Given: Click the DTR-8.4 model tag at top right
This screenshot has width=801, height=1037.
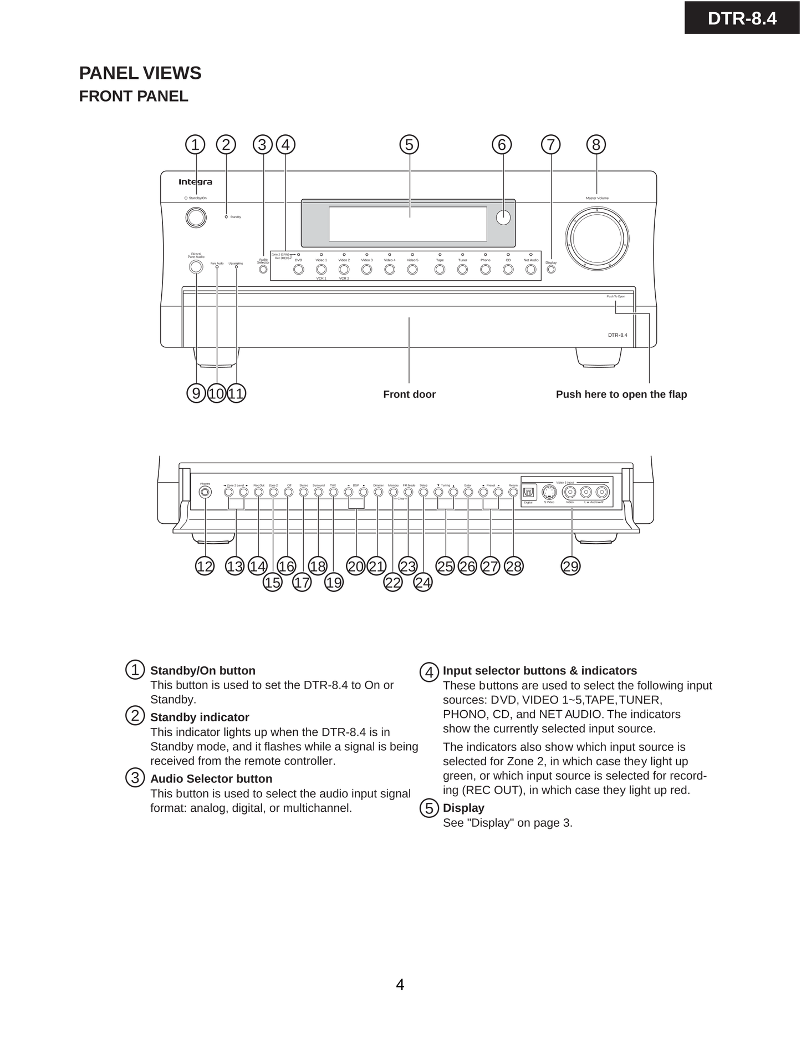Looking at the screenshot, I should [x=742, y=18].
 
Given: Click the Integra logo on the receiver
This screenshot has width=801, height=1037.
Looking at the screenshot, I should [x=195, y=182].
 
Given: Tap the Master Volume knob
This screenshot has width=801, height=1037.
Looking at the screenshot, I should [x=597, y=239].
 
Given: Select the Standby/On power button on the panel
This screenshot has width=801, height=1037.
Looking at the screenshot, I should [x=196, y=217].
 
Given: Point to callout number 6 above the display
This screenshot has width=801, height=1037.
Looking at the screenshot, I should [x=502, y=145].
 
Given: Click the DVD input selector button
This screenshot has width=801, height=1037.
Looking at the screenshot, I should [x=298, y=270].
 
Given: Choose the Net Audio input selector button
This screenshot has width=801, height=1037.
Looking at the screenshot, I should [x=530, y=270].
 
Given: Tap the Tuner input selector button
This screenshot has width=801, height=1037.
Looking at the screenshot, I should [x=462, y=270].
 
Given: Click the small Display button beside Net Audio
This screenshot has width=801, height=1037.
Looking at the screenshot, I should [x=551, y=270].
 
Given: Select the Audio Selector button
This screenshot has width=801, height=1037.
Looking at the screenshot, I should [x=263, y=270].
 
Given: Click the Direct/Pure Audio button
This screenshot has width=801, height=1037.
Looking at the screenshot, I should [x=196, y=267].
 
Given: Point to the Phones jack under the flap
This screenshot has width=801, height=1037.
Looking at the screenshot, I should [x=205, y=492].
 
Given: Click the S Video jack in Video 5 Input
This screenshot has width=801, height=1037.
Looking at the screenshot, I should [x=549, y=492].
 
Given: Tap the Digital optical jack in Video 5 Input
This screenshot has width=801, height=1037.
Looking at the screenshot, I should [x=528, y=492].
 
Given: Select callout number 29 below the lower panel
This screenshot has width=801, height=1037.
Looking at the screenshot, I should [x=570, y=566].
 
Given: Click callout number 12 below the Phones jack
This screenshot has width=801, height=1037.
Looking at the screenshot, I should [x=205, y=566].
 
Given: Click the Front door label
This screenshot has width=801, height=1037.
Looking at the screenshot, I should [x=409, y=394].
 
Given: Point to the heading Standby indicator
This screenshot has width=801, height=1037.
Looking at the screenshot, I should [x=200, y=717].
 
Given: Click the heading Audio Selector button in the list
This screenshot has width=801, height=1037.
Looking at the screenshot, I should [x=211, y=779].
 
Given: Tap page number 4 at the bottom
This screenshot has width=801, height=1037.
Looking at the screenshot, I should [x=400, y=985].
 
